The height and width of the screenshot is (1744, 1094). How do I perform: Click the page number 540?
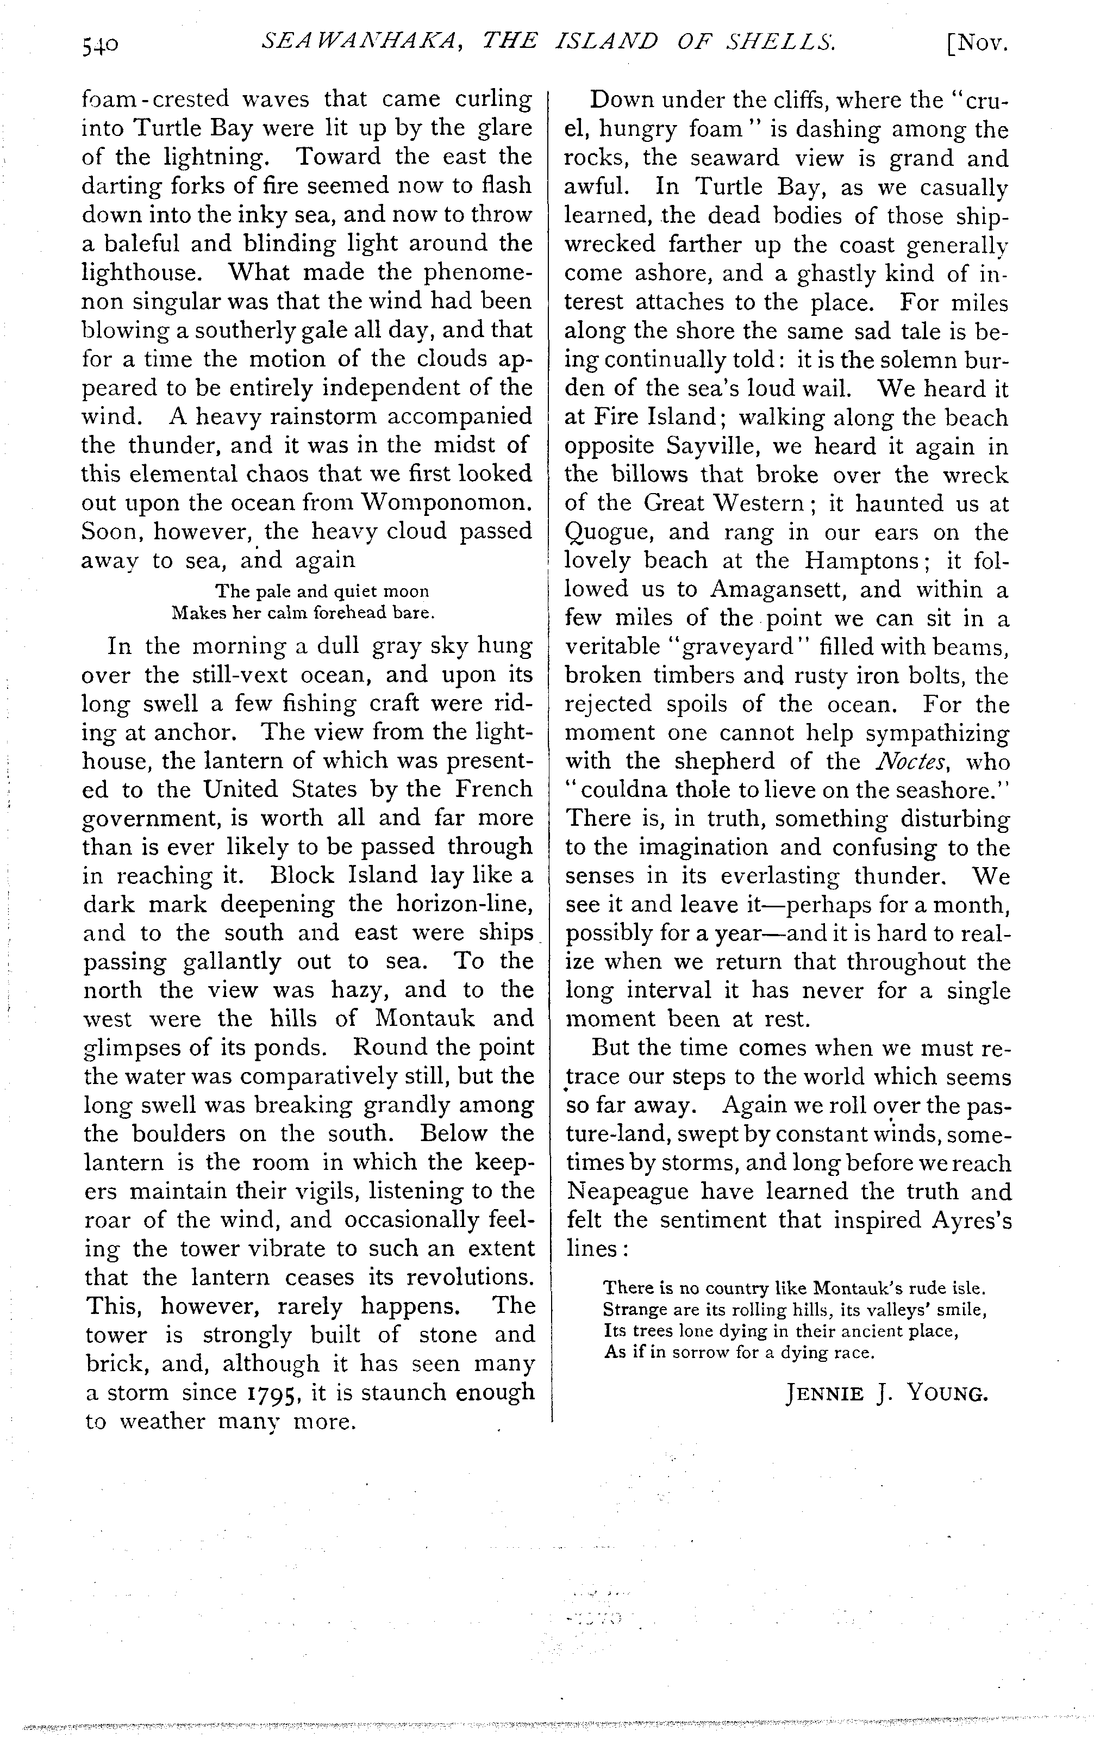coord(100,46)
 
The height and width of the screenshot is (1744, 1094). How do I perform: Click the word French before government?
coord(491,789)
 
